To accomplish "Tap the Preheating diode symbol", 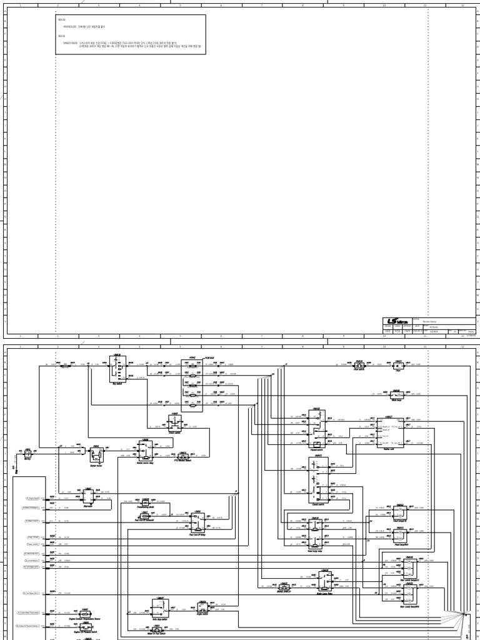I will pos(146,501).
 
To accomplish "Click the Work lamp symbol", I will pos(396,394).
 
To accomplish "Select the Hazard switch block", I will pos(316,424).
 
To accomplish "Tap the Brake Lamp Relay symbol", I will pos(324,581).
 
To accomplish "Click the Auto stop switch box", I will pos(160,607).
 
